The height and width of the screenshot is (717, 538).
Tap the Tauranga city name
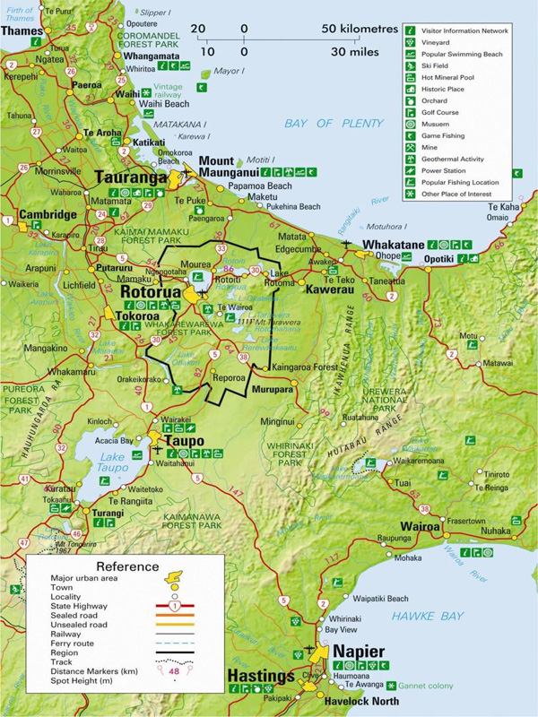coord(131,178)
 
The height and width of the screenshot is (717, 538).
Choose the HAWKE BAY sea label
coord(427,616)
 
